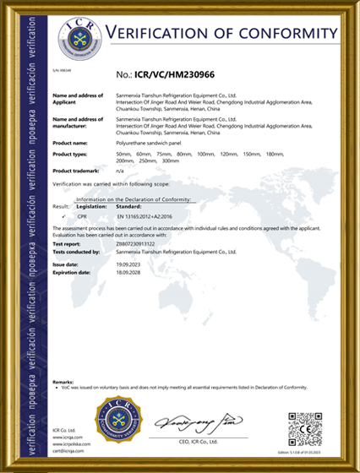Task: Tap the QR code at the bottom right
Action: click(305, 429)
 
